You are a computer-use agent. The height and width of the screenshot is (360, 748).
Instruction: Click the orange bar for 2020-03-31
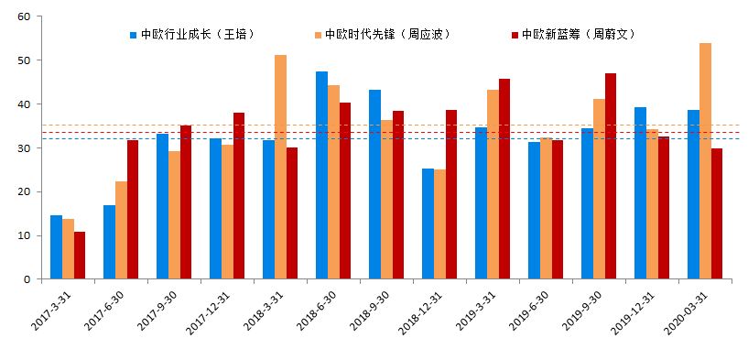(705, 161)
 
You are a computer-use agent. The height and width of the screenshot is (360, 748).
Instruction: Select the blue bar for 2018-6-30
(321, 175)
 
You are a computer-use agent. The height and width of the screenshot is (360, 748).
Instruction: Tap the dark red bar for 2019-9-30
(611, 176)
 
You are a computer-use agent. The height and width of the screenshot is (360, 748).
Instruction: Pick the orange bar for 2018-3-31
(280, 167)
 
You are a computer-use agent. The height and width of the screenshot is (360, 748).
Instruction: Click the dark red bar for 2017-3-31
(80, 256)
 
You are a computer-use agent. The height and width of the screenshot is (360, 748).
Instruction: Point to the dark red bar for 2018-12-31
(451, 194)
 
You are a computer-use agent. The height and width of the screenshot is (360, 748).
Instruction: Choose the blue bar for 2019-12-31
(640, 193)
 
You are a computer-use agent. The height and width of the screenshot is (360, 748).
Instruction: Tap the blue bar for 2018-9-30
(374, 184)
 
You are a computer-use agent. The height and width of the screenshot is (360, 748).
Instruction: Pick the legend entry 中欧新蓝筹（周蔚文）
(578, 35)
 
